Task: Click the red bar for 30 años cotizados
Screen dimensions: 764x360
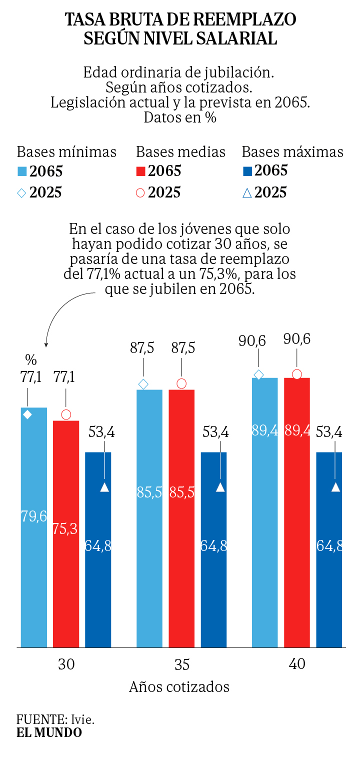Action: [66, 535]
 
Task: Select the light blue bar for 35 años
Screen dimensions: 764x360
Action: [149, 520]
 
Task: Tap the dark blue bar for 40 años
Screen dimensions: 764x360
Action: [329, 550]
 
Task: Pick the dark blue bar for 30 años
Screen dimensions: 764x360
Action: [98, 550]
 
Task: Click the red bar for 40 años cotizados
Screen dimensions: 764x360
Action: [297, 515]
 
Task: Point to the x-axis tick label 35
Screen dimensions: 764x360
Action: [182, 665]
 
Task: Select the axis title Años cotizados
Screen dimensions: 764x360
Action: [179, 687]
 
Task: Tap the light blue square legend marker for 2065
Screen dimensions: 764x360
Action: [21, 171]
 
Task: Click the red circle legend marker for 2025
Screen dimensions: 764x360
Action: [140, 192]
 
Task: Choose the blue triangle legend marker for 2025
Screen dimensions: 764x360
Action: [247, 192]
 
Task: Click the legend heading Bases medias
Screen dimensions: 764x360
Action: [180, 152]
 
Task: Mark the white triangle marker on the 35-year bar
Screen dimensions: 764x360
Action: [220, 487]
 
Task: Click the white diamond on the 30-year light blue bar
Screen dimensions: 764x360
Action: [27, 414]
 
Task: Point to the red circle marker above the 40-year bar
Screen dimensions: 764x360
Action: [297, 374]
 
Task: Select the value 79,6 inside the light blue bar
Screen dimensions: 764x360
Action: [33, 516]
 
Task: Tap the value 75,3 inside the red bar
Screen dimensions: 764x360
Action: [65, 529]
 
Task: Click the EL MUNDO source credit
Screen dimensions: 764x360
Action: [49, 733]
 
